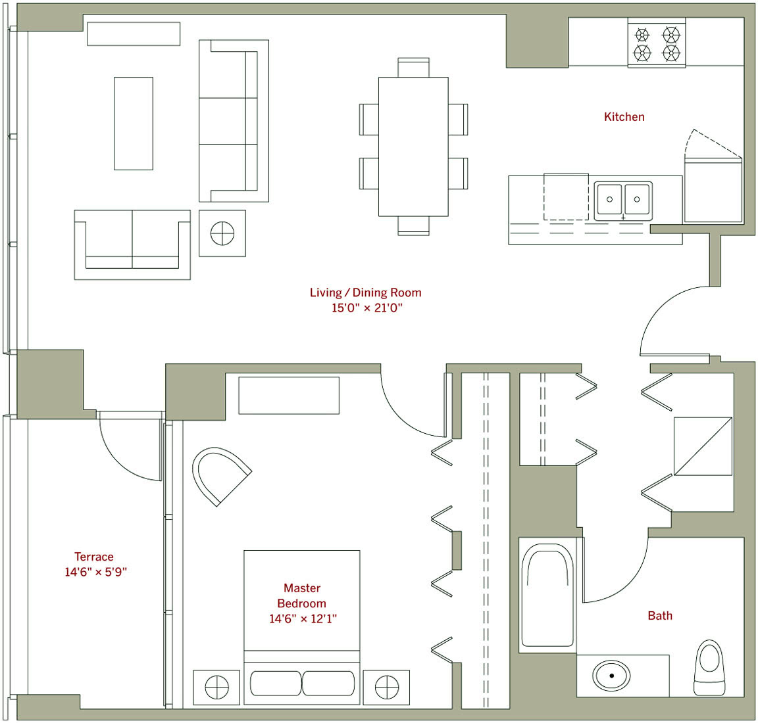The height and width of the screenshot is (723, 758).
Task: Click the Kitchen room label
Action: click(624, 117)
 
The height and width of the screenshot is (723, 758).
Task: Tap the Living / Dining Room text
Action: click(365, 292)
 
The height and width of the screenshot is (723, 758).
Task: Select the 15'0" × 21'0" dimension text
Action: click(367, 308)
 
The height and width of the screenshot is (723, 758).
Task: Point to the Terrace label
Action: click(94, 556)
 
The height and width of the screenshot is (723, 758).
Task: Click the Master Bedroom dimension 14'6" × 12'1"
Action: click(303, 618)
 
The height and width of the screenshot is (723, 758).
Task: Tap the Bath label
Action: click(660, 616)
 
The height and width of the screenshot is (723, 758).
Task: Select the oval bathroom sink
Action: click(611, 675)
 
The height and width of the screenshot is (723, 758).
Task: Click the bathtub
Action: click(547, 595)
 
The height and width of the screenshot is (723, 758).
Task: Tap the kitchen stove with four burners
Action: click(657, 43)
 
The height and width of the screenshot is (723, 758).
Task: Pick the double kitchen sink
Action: click(623, 201)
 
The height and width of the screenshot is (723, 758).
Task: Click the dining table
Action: click(413, 147)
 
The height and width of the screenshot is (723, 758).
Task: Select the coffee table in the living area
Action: click(134, 124)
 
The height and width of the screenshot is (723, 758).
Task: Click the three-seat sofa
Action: click(234, 121)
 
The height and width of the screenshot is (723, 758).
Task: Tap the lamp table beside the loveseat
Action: click(222, 233)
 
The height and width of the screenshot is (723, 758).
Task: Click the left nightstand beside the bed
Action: click(216, 688)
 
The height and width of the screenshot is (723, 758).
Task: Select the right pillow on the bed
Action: click(328, 684)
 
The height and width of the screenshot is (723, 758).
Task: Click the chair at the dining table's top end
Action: click(413, 68)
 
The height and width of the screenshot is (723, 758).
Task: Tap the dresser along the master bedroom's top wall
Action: click(289, 396)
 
